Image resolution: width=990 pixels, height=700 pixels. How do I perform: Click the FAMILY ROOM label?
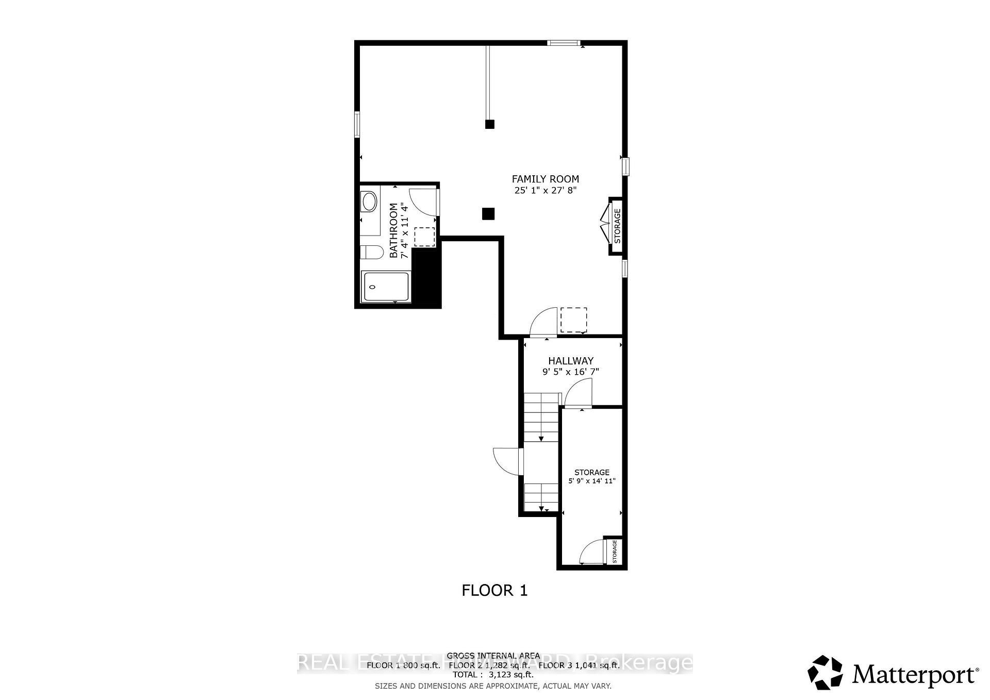[545, 179]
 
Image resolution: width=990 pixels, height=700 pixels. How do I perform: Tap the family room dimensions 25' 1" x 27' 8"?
[545, 190]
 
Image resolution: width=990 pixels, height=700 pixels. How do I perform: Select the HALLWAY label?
[570, 361]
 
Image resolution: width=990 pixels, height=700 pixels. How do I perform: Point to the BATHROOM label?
[394, 230]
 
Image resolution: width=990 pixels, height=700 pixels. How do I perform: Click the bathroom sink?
[369, 201]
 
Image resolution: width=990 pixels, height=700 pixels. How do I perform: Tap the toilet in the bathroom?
[371, 253]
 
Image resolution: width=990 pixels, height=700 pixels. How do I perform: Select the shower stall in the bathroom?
[386, 287]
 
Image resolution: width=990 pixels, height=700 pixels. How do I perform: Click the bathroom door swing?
[423, 202]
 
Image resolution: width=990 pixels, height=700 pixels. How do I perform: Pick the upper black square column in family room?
[490, 124]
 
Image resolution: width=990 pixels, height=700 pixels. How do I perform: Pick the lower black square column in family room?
[488, 213]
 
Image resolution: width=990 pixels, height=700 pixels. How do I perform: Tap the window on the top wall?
[564, 43]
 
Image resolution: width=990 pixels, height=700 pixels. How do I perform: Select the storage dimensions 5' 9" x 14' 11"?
[592, 481]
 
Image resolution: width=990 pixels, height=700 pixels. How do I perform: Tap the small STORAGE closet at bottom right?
[614, 552]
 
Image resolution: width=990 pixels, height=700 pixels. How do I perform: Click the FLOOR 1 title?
[494, 590]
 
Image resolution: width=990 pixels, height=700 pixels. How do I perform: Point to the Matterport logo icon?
[825, 672]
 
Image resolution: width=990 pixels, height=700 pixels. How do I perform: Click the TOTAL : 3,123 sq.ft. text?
[493, 674]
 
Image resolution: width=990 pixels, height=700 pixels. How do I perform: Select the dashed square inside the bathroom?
[425, 237]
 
